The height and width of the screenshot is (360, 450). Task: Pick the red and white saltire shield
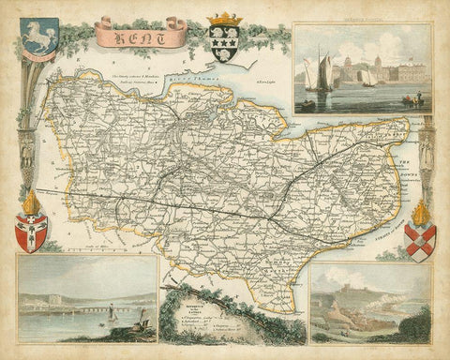421,242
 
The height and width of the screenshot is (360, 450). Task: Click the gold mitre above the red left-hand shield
31,202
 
